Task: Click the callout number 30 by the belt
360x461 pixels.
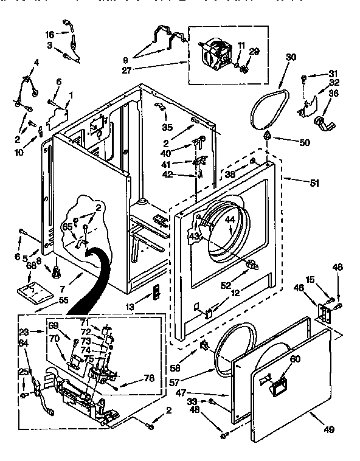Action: pos(291,57)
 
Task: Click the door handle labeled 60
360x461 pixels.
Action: pos(280,384)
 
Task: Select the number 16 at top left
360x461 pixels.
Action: pos(50,34)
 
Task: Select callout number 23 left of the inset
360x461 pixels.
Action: pos(24,332)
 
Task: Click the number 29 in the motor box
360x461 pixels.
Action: pos(254,52)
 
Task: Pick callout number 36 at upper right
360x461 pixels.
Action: pos(334,94)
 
